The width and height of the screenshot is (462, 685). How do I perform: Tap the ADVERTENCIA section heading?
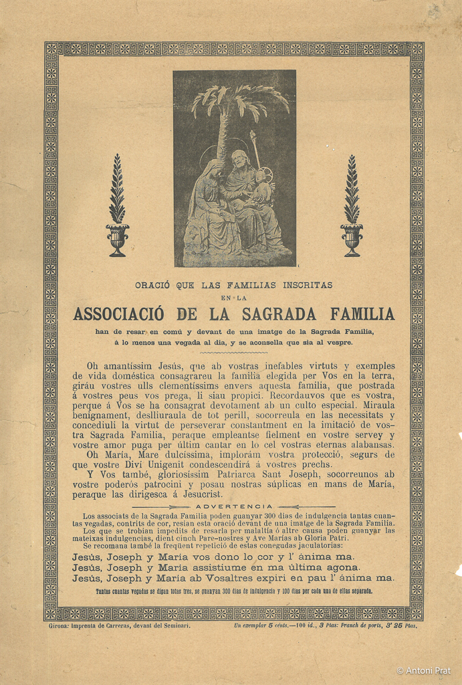pos(233,506)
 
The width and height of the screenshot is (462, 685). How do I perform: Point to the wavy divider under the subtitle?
pos(233,352)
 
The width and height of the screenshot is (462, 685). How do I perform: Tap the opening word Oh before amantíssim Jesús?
pos(94,366)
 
